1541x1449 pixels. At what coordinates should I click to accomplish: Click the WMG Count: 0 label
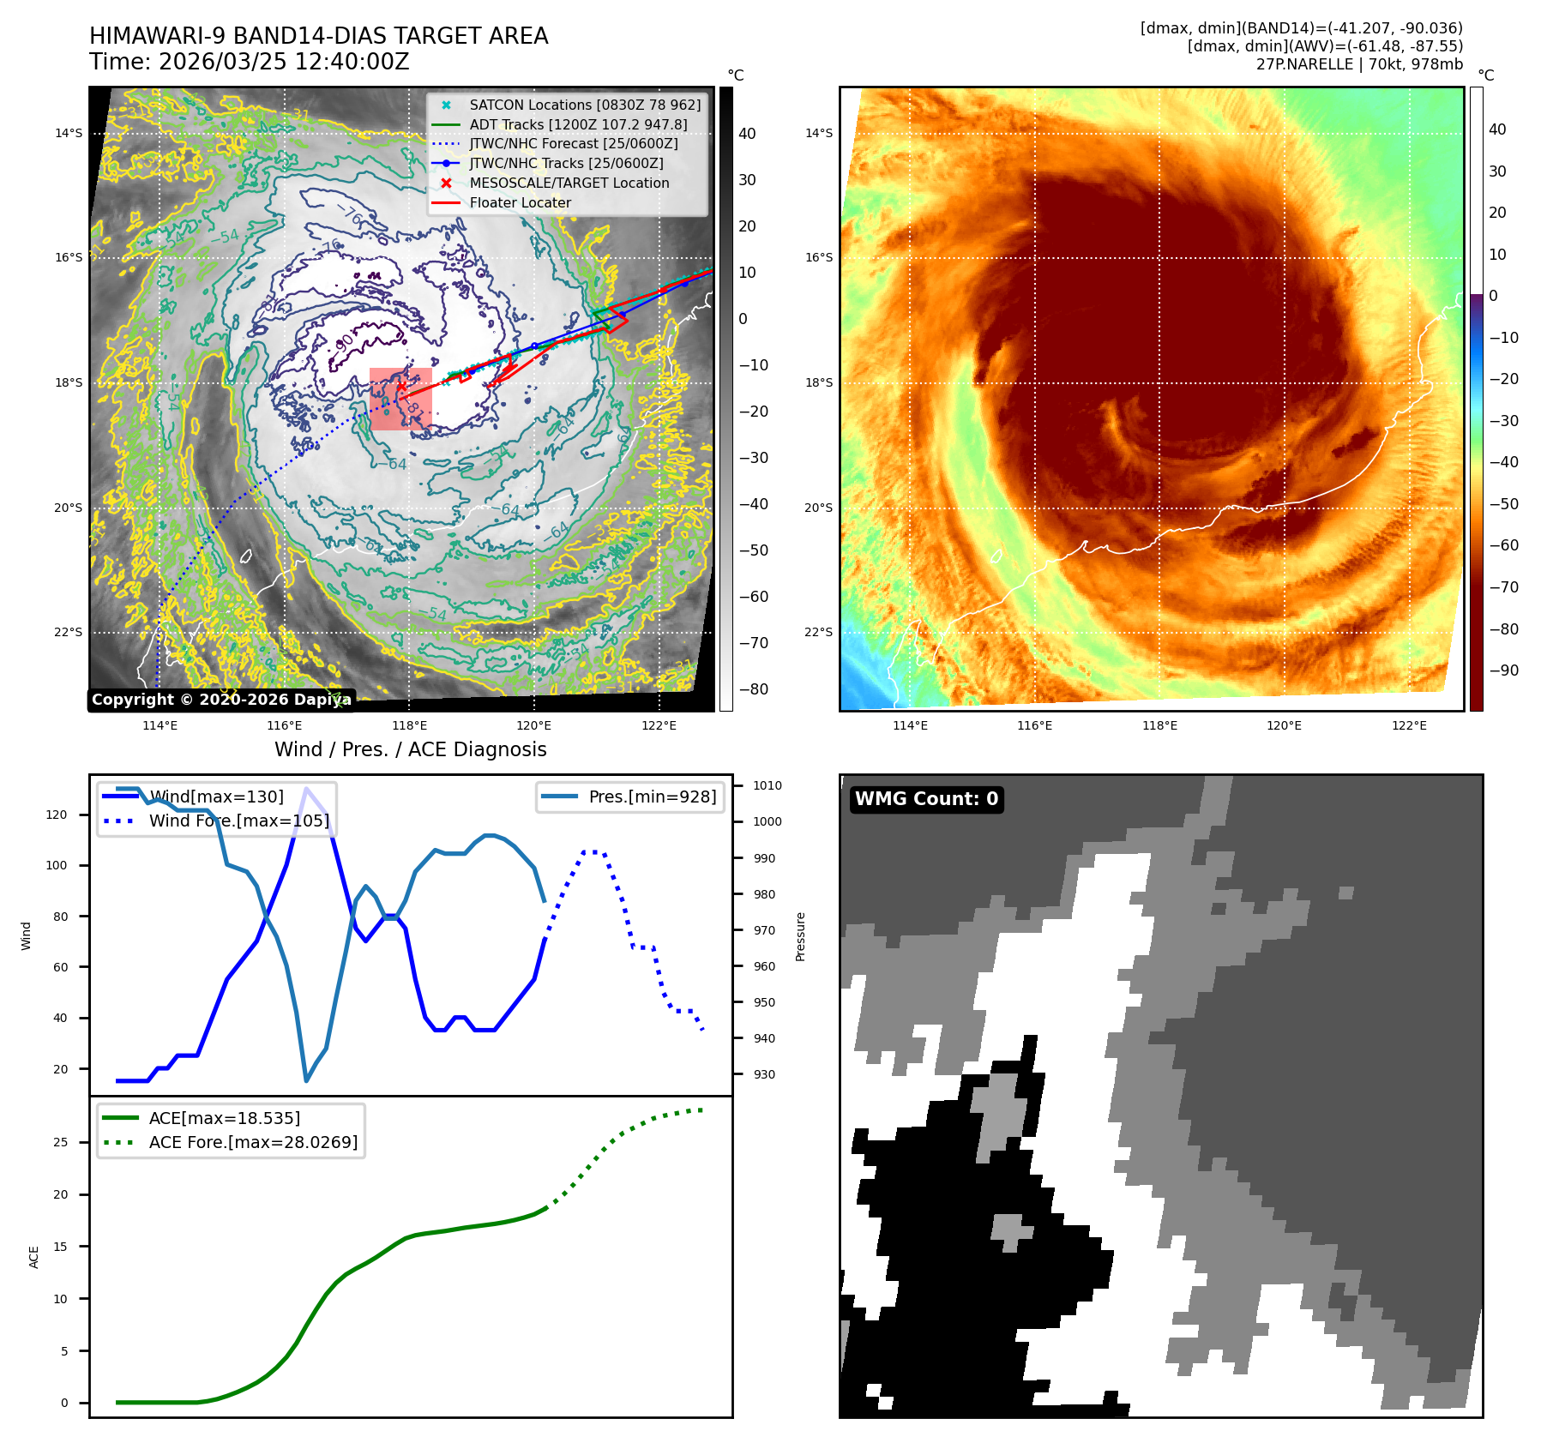coord(926,799)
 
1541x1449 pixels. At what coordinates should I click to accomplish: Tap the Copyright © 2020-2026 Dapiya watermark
coord(221,700)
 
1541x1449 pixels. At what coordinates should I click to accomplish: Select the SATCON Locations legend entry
coord(585,105)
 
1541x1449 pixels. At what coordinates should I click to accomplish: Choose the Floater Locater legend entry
coord(520,202)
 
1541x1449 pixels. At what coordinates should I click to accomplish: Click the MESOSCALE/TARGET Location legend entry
coord(569,183)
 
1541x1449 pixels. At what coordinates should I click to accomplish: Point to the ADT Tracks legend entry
coord(578,124)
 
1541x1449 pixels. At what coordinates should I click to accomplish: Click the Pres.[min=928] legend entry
coord(652,797)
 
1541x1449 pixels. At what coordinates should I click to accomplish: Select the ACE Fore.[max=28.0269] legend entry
coord(253,1142)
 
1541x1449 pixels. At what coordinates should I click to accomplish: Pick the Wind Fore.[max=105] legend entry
coord(238,821)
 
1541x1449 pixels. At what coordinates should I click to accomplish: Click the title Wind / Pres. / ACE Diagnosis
coord(410,749)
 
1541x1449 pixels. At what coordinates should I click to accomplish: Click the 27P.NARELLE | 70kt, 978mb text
coord(1359,64)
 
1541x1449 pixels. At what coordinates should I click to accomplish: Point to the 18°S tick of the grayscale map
coord(69,382)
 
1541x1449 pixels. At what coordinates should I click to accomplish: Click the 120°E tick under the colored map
coord(1284,725)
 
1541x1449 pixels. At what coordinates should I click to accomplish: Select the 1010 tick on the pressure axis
coord(767,785)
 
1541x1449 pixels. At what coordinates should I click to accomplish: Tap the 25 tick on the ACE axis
coord(60,1142)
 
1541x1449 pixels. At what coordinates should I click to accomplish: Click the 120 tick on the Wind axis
coord(56,815)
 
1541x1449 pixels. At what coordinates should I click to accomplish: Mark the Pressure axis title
coord(800,936)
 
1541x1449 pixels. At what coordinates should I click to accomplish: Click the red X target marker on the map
coord(400,387)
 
